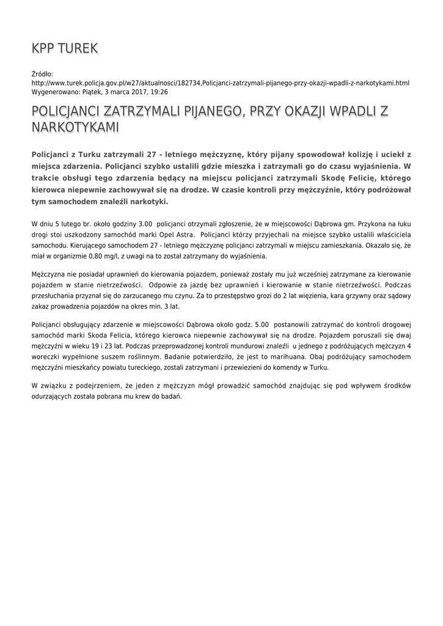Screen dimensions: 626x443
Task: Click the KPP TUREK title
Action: click(x=64, y=48)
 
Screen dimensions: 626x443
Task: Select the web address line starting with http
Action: click(x=220, y=83)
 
